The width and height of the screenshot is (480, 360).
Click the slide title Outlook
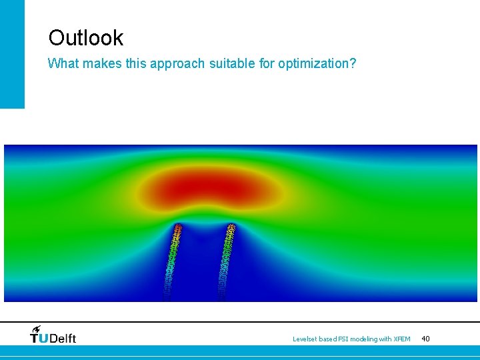coord(85,37)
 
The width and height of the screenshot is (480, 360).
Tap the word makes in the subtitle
coord(100,64)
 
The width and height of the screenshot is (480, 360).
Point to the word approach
coord(175,65)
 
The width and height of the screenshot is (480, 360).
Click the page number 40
coord(425,339)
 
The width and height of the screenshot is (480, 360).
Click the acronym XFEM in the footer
coord(402,339)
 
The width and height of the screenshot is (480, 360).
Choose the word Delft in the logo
coord(63,338)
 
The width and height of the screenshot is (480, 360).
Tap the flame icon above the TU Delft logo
coord(35,328)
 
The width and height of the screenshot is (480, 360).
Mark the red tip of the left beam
coord(178,230)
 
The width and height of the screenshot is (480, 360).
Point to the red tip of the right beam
coord(231,230)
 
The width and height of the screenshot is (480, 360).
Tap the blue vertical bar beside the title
coord(12,53)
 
